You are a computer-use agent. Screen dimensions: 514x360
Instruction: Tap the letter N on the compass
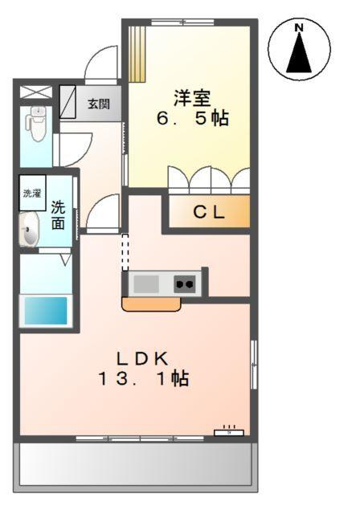pyautogui.click(x=299, y=28)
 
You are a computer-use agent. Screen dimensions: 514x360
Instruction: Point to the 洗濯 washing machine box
pyautogui.click(x=31, y=194)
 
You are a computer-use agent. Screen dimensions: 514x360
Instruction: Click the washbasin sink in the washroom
pyautogui.click(x=30, y=232)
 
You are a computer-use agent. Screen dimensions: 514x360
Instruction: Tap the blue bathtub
pyautogui.click(x=45, y=310)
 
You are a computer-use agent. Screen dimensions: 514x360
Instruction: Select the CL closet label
pyautogui.click(x=209, y=213)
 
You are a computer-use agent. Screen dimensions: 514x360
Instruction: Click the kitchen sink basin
pyautogui.click(x=146, y=284)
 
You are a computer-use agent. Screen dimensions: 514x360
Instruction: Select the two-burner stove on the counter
pyautogui.click(x=185, y=284)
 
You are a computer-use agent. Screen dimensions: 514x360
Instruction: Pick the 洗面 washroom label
pyautogui.click(x=58, y=215)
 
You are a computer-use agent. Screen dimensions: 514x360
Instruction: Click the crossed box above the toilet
pyautogui.click(x=35, y=90)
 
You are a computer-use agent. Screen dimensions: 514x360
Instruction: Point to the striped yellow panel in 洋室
pyautogui.click(x=137, y=52)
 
